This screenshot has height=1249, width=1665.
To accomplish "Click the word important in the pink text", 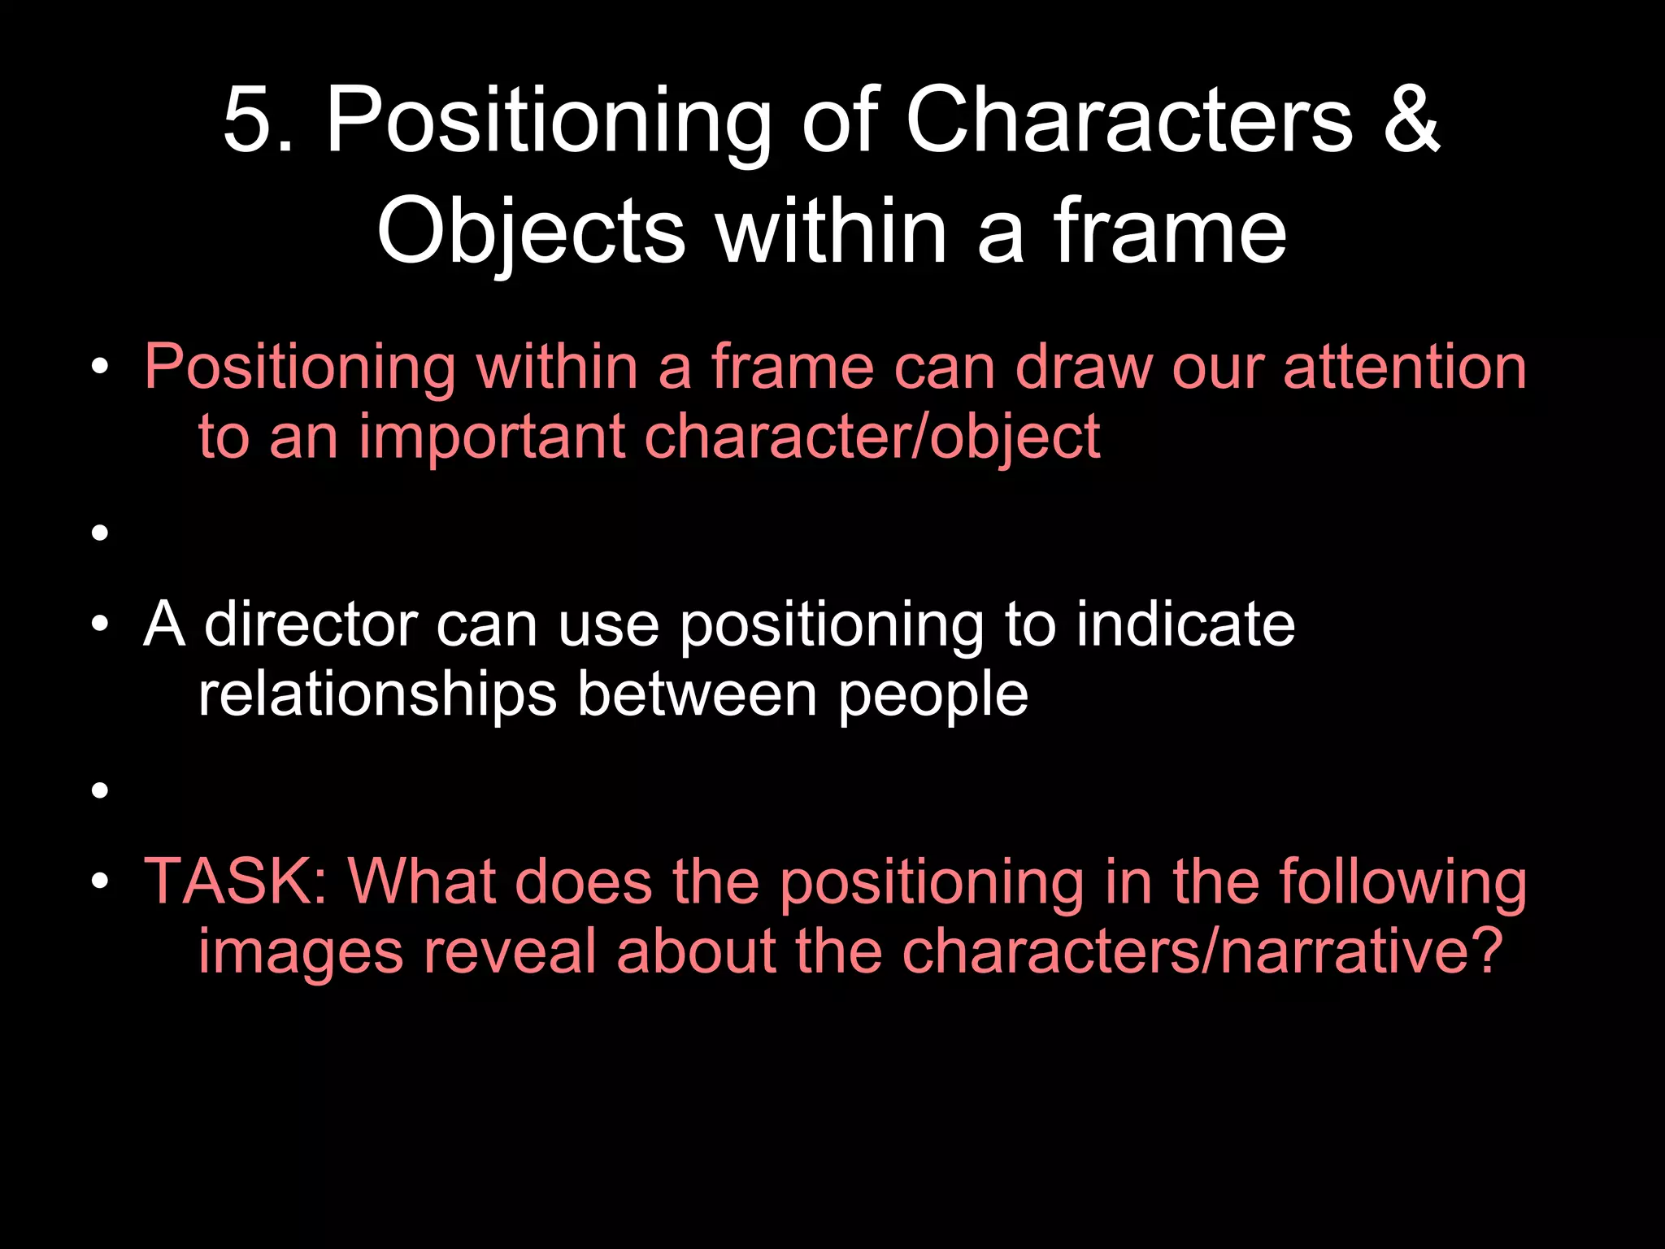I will coord(491,437).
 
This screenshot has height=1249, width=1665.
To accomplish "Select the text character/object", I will coord(872,437).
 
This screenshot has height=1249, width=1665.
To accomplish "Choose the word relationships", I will coord(377,694).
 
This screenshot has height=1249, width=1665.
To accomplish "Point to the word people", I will coord(932,696).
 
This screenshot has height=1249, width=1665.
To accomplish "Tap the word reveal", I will coord(510,951).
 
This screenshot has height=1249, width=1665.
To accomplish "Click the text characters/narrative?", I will coord(1202,951).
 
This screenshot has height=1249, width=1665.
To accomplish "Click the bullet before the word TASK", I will coord(100,882).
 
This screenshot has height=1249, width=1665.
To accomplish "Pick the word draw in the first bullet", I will coord(1083,368).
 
